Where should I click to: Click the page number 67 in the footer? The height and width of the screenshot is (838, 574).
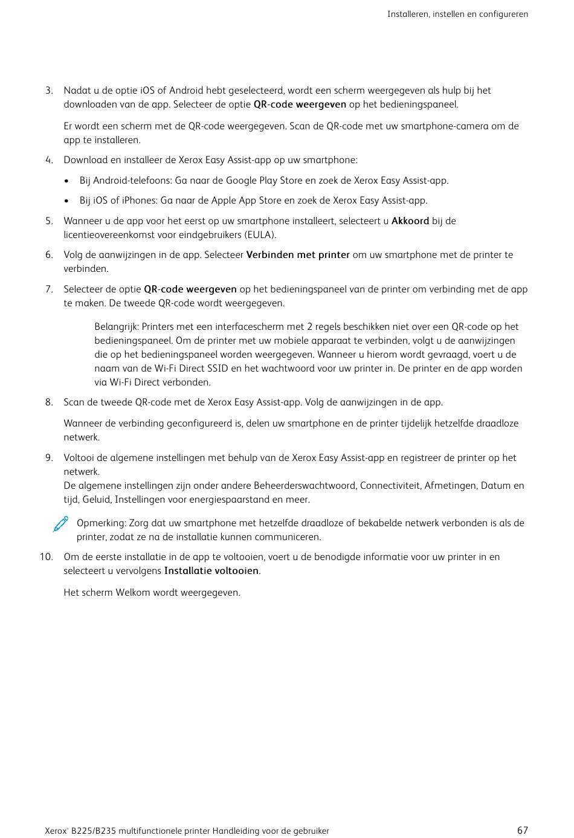click(x=523, y=830)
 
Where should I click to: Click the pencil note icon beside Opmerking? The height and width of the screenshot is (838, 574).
click(x=60, y=524)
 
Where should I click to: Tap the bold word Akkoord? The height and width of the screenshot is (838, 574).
click(x=410, y=221)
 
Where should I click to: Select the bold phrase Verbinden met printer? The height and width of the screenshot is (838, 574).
click(x=298, y=255)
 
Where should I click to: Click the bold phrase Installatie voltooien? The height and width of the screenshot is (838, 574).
click(x=211, y=571)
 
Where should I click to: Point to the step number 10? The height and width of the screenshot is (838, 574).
click(x=47, y=557)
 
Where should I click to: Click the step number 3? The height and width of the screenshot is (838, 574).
click(x=49, y=91)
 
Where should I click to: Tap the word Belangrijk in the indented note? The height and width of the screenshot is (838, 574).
click(x=116, y=327)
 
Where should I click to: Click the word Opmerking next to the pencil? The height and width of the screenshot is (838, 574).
click(x=101, y=523)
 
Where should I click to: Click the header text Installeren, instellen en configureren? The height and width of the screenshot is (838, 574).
click(x=457, y=14)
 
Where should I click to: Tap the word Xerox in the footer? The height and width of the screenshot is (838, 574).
click(x=56, y=831)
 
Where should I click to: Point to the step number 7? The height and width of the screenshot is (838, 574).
click(x=49, y=289)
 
